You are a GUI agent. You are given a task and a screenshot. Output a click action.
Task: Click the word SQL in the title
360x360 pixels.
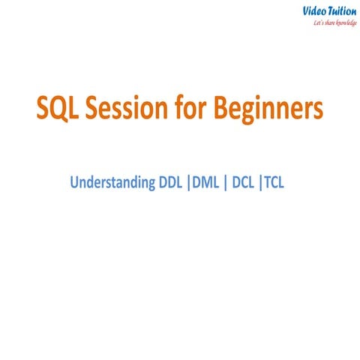[58, 109]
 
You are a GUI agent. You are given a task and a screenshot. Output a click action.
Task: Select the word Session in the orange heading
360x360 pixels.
[131, 109]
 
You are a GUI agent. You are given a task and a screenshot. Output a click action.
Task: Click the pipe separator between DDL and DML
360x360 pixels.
[187, 181]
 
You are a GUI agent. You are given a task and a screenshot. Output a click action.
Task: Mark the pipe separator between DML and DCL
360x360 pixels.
[226, 181]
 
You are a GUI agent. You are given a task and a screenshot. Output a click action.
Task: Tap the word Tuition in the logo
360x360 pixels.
[340, 10]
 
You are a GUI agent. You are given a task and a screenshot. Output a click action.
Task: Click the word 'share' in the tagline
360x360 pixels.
[326, 23]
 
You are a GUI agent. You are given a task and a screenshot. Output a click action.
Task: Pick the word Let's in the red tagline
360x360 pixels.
[316, 23]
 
